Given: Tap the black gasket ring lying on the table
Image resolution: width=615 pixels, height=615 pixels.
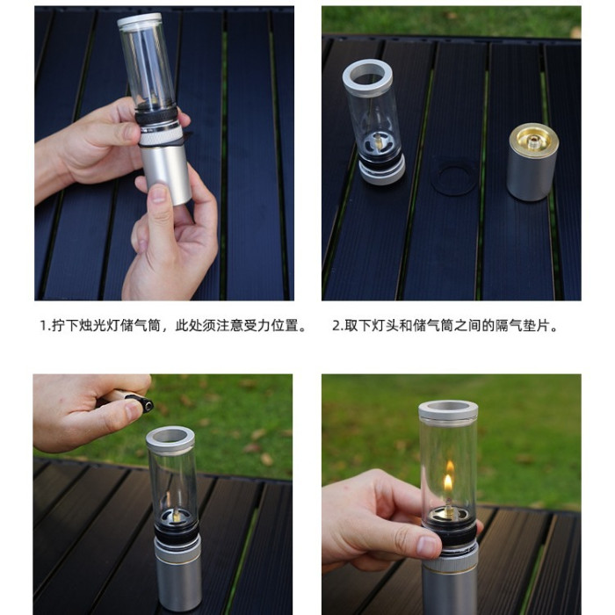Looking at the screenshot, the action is coord(455,179).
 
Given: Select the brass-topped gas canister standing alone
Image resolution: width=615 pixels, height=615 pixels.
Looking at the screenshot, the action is coord(532,162).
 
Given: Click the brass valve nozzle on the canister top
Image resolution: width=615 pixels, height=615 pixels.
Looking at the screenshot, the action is coord(532,142).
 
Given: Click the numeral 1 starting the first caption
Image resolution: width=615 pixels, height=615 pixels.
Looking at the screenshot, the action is coord(44,326).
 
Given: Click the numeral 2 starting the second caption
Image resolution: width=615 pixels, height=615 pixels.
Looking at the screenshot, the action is coord(336,326).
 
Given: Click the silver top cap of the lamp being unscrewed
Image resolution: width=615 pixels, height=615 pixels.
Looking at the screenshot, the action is coord(140,20).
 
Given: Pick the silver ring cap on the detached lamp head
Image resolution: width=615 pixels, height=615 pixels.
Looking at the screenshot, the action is coord(367,77).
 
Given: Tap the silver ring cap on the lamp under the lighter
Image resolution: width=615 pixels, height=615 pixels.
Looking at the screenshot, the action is coord(170,440).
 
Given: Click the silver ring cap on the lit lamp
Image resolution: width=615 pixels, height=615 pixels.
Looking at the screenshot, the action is coord(448,410).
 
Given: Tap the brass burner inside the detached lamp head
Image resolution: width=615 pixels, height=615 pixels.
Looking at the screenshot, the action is coord(378,141).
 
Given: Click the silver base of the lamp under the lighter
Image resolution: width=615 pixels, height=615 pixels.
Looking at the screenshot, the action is coord(178,576).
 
